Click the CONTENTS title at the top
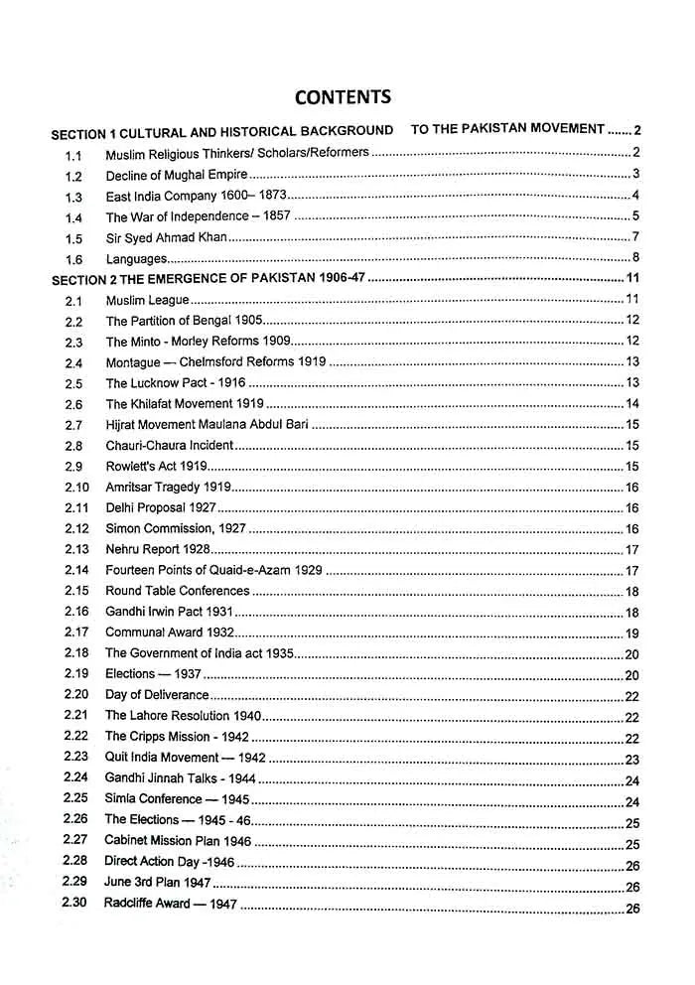(343, 96)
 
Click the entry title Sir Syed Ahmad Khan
(167, 238)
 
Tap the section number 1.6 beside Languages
(73, 259)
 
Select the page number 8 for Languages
(634, 258)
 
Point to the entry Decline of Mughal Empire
(177, 176)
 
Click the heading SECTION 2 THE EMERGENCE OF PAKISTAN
(208, 280)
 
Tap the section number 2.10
(76, 487)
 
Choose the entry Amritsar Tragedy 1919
(168, 487)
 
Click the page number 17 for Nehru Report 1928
(631, 550)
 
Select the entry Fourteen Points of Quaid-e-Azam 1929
(214, 570)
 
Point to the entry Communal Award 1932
(169, 633)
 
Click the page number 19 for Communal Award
(631, 633)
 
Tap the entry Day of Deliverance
(157, 695)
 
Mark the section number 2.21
(75, 715)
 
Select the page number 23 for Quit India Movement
(631, 759)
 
